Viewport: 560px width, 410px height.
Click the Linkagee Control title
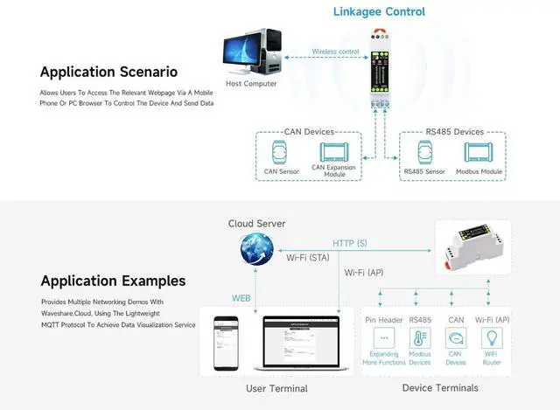[379, 11]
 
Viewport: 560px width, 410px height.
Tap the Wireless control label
[335, 52]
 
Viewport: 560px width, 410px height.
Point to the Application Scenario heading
[108, 72]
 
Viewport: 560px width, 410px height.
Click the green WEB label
[241, 298]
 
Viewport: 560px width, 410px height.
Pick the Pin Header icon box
[383, 337]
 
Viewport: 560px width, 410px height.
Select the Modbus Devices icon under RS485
[420, 337]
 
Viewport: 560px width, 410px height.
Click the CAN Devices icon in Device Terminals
[456, 337]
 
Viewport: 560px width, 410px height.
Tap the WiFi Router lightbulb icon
[491, 337]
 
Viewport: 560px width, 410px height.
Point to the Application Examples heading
[113, 281]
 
